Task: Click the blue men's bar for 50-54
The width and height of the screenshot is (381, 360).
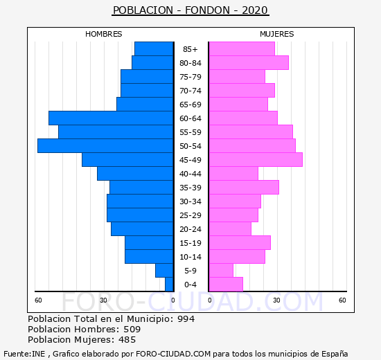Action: [x=105, y=146]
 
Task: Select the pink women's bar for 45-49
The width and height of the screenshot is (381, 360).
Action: [x=256, y=160]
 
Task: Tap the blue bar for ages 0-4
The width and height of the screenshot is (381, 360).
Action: [x=169, y=285]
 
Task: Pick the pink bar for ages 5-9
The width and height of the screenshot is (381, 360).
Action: [x=221, y=271]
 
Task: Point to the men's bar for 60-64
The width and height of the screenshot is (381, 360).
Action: [x=111, y=118]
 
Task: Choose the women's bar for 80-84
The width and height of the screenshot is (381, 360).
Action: [x=249, y=63]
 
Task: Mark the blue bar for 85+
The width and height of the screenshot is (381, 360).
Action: [x=154, y=49]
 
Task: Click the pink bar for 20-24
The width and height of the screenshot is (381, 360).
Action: [x=230, y=229]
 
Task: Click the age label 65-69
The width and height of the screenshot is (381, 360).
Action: [x=190, y=105]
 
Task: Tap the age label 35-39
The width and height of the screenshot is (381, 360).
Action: [x=190, y=188]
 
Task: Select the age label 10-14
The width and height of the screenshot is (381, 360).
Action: [x=190, y=257]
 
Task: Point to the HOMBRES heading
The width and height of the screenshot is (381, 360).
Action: [x=104, y=34]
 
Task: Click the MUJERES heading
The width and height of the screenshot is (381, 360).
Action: [x=277, y=34]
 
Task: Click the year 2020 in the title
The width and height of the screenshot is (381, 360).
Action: [x=255, y=10]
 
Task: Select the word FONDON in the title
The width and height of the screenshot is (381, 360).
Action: [x=207, y=10]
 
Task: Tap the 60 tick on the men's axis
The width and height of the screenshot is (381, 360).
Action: [x=38, y=300]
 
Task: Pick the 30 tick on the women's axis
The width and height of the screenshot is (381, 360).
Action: [x=276, y=300]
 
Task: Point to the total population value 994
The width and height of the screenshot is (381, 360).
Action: [x=186, y=318]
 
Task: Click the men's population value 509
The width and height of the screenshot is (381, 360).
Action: [x=132, y=329]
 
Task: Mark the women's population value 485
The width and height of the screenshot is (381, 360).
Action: [x=127, y=340]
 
